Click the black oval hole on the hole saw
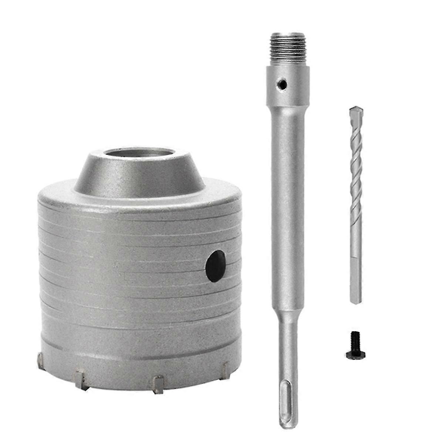(x=216, y=266)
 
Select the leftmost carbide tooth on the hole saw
(x=40, y=359)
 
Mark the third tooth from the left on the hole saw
(x=158, y=385)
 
